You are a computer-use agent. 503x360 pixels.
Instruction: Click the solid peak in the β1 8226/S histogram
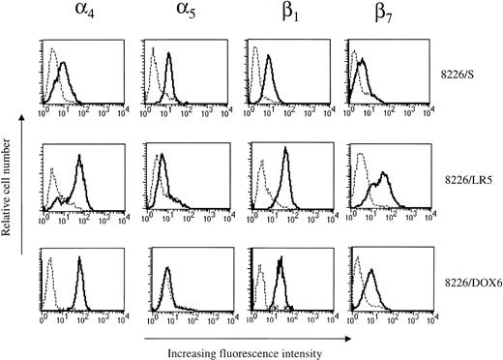pyautogui.click(x=269, y=58)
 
